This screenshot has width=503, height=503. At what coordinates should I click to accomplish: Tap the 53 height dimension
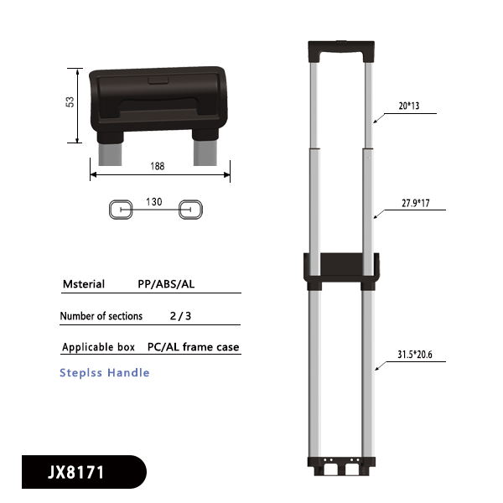[71, 101]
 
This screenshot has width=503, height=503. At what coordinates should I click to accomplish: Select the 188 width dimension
[158, 167]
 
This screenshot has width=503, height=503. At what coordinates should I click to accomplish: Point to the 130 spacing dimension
[154, 201]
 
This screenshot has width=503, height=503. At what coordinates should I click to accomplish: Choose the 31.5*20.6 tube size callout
[415, 355]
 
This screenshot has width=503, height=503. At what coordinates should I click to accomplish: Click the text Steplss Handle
[105, 372]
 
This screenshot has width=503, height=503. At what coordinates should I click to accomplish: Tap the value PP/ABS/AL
[167, 284]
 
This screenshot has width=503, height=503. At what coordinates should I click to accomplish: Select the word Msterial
[84, 284]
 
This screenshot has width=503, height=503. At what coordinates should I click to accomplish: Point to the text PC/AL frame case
[193, 347]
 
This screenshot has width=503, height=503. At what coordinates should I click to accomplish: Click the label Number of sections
[101, 316]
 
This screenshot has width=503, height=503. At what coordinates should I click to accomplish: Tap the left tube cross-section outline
[121, 210]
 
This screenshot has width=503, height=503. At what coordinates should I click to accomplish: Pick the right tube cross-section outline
[191, 210]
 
